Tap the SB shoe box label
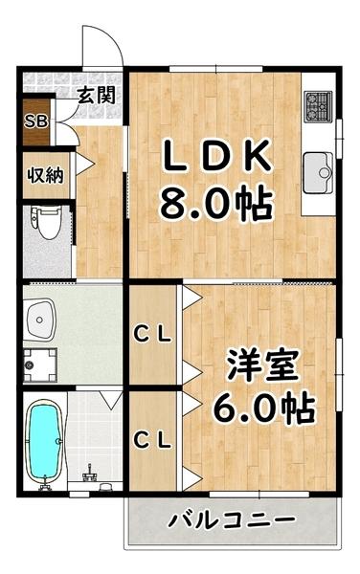tap(35, 121)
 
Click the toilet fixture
tap(43, 222)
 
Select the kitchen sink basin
tap(318, 172)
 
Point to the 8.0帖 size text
tap(216, 203)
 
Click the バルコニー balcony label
tap(233, 521)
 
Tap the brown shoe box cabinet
tap(35, 121)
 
